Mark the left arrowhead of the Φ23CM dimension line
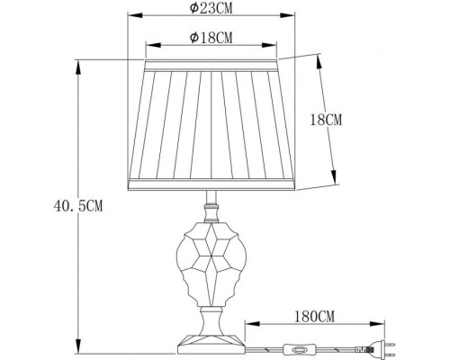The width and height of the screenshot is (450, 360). (130, 16)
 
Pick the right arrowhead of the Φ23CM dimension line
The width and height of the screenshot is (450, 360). (294, 16)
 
